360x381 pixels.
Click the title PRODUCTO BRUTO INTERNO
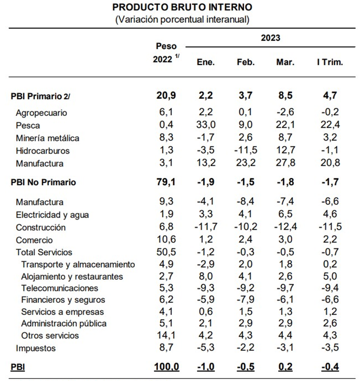(182, 7)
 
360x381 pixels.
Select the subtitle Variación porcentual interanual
(182, 20)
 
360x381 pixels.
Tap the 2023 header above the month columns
(271, 38)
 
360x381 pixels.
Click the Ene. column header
(206, 62)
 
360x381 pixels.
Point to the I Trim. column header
(330, 62)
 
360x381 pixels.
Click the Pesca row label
(28, 126)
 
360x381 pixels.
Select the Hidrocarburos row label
(43, 151)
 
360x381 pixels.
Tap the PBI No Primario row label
(43, 182)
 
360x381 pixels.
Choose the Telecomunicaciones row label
(60, 288)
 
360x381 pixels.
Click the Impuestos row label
(36, 348)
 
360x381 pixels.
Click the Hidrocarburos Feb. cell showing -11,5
(246, 150)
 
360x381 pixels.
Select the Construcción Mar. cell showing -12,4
(285, 227)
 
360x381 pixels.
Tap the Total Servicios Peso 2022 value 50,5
(166, 252)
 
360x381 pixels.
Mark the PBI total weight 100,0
(166, 367)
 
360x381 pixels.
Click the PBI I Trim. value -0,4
(330, 367)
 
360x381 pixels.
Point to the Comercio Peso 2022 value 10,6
(166, 240)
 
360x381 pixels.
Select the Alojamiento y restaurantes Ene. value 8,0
(206, 276)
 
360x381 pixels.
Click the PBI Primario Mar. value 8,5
(285, 95)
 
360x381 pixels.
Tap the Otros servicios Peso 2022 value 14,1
(166, 335)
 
